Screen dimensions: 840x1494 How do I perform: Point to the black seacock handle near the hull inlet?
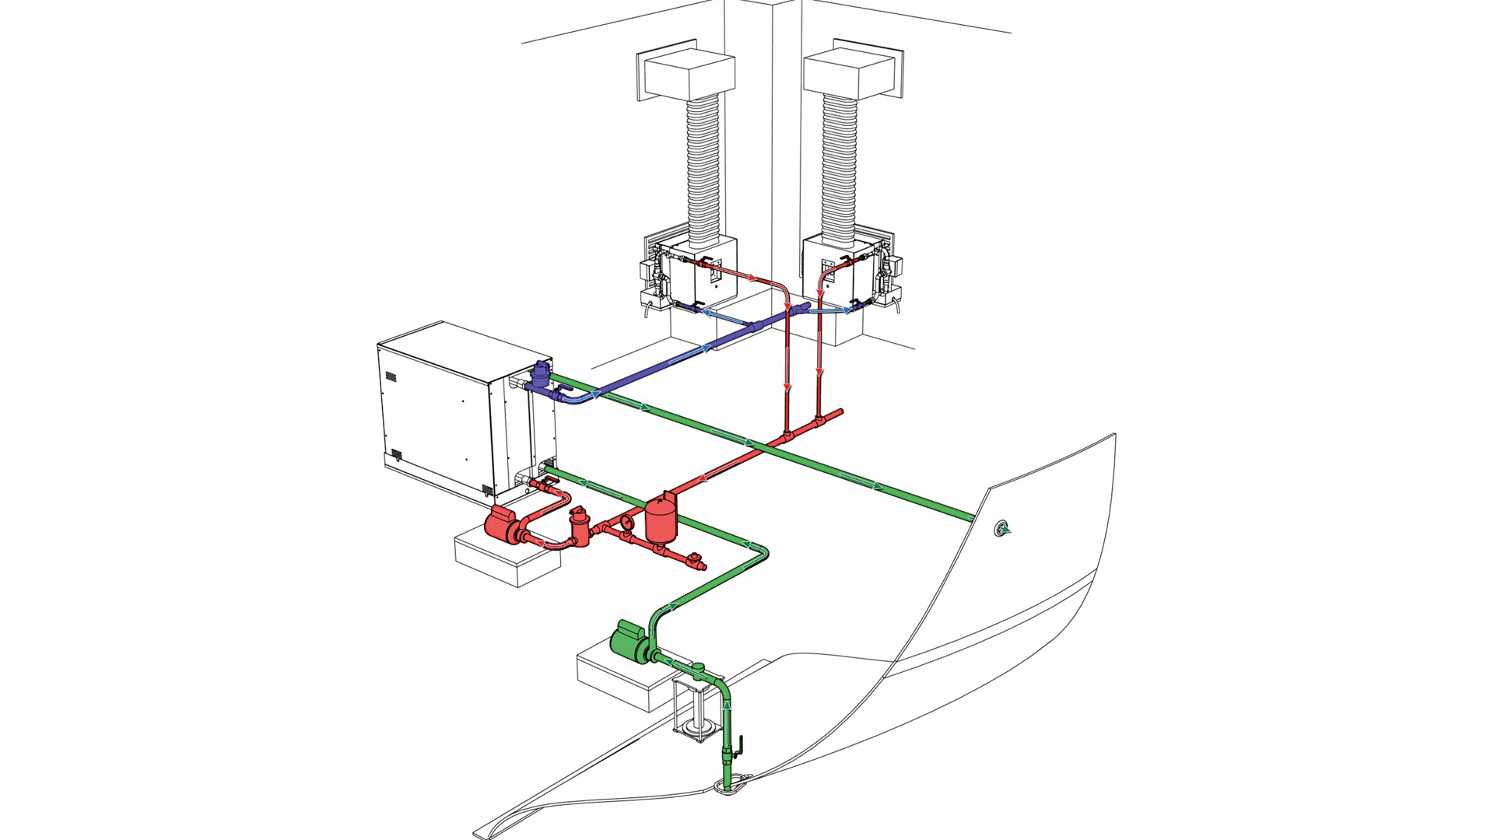(740, 745)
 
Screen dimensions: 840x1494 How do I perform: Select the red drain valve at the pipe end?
(695, 559)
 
